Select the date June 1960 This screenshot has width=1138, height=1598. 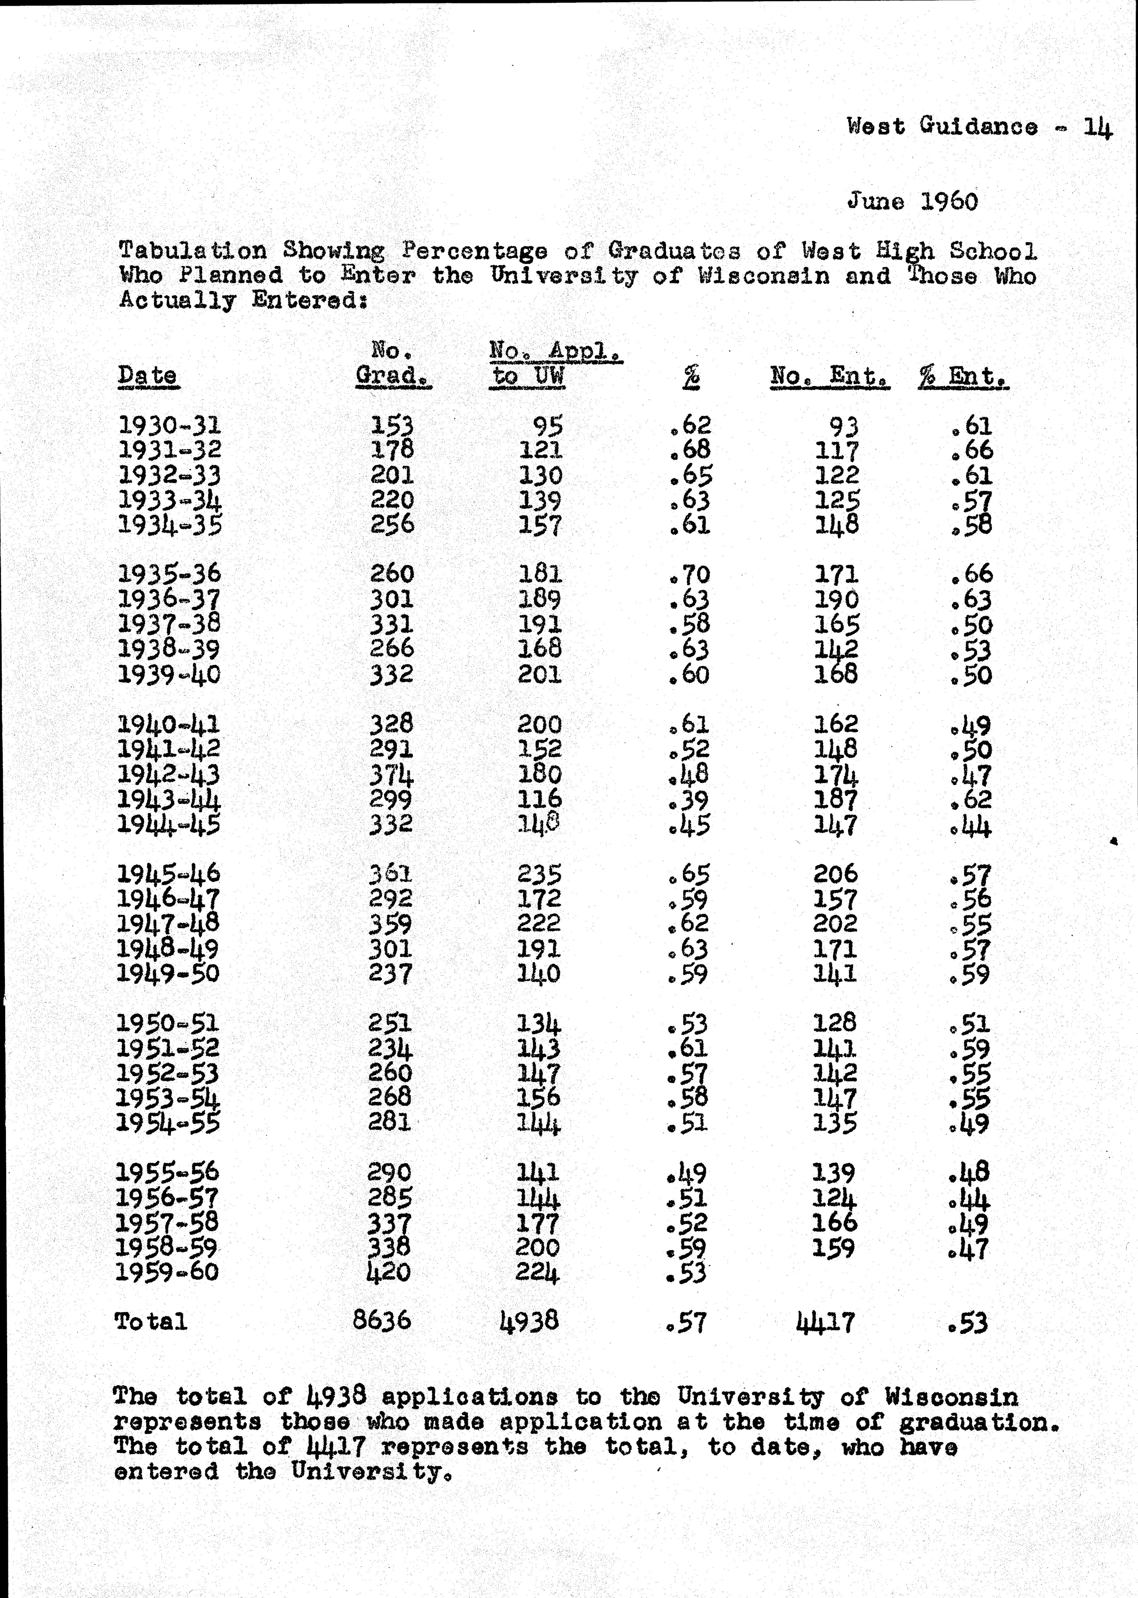[x=913, y=202]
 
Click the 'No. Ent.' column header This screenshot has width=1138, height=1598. [x=830, y=376]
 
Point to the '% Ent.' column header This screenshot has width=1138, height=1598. [x=964, y=376]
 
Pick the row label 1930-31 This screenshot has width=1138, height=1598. [x=169, y=425]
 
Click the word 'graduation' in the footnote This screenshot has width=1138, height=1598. [x=978, y=1422]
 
